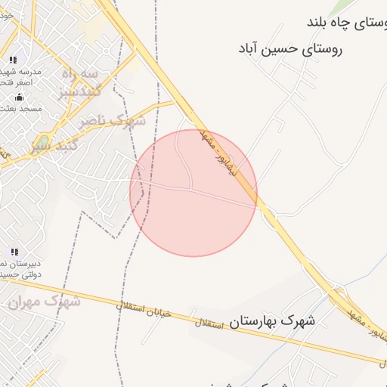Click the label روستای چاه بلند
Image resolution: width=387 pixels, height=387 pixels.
[x=346, y=23]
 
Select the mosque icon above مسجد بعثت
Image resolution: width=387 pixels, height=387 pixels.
[x=19, y=97]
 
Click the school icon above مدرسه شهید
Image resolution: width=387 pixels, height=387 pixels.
[x=13, y=60]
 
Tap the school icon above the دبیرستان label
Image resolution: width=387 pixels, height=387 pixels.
[x=14, y=252]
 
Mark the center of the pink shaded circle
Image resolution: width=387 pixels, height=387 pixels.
[x=193, y=193]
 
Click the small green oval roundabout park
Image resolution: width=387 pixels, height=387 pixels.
[x=43, y=141]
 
